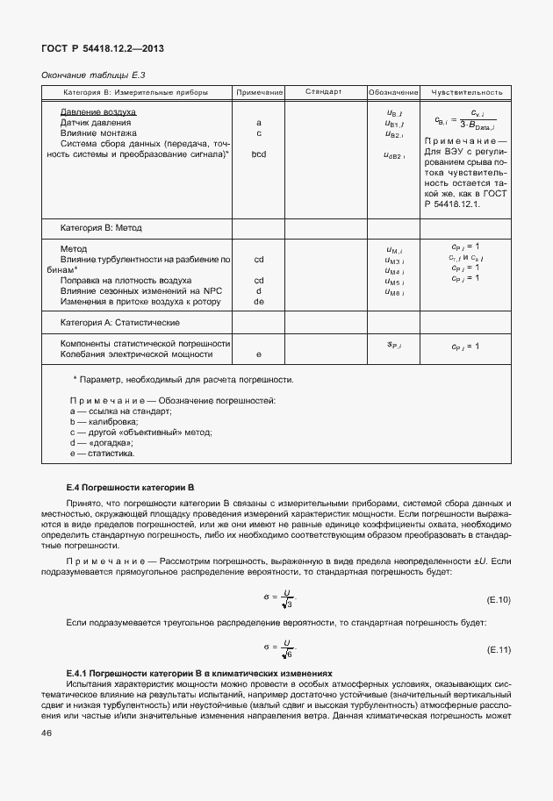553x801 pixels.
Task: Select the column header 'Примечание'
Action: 259,92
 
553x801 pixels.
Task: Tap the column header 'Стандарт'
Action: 323,92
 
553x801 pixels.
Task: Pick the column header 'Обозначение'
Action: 393,92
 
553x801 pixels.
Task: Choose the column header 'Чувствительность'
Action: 464,92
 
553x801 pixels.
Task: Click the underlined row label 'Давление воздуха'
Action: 97,112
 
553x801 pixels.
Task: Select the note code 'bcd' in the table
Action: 259,154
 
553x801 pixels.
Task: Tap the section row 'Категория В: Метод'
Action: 100,227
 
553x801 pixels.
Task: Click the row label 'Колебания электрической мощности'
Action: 137,354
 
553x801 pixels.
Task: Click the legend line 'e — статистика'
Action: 102,454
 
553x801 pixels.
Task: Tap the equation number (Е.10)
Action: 498,600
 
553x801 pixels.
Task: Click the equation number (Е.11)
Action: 498,650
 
